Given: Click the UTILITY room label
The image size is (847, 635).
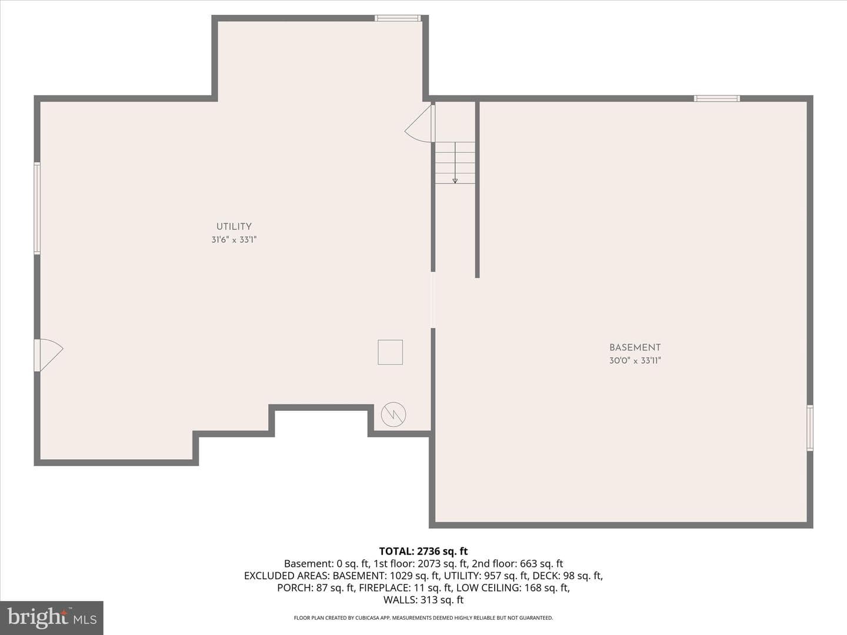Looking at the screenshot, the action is point(234,227).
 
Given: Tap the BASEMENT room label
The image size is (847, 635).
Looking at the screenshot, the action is point(635,347).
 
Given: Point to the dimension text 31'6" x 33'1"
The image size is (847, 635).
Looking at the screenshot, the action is point(234,240).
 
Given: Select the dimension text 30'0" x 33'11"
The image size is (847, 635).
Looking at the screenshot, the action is point(635,361).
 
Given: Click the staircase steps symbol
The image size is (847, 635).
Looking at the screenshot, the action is point(455,163).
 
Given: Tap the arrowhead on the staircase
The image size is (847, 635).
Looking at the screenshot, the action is point(455,181).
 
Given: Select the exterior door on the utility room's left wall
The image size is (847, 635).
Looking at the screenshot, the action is point(49,355).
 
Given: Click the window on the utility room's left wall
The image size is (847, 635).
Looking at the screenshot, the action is point(37,208).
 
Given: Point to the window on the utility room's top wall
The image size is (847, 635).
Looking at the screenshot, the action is point(398,18).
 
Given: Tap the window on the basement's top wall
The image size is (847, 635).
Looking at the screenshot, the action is point(716,98).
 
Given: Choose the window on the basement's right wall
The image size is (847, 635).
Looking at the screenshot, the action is point(810,428).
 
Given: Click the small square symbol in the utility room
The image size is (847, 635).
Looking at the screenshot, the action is point(390,352).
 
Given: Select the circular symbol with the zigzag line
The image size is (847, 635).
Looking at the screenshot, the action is point(394,415).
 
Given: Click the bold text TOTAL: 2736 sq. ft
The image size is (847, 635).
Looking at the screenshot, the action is point(423,552).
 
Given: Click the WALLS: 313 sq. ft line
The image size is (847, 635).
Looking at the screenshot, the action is point(423,600).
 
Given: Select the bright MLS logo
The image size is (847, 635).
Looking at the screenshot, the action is point(52,618).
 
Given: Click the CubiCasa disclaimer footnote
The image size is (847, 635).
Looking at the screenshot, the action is point(423,617).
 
